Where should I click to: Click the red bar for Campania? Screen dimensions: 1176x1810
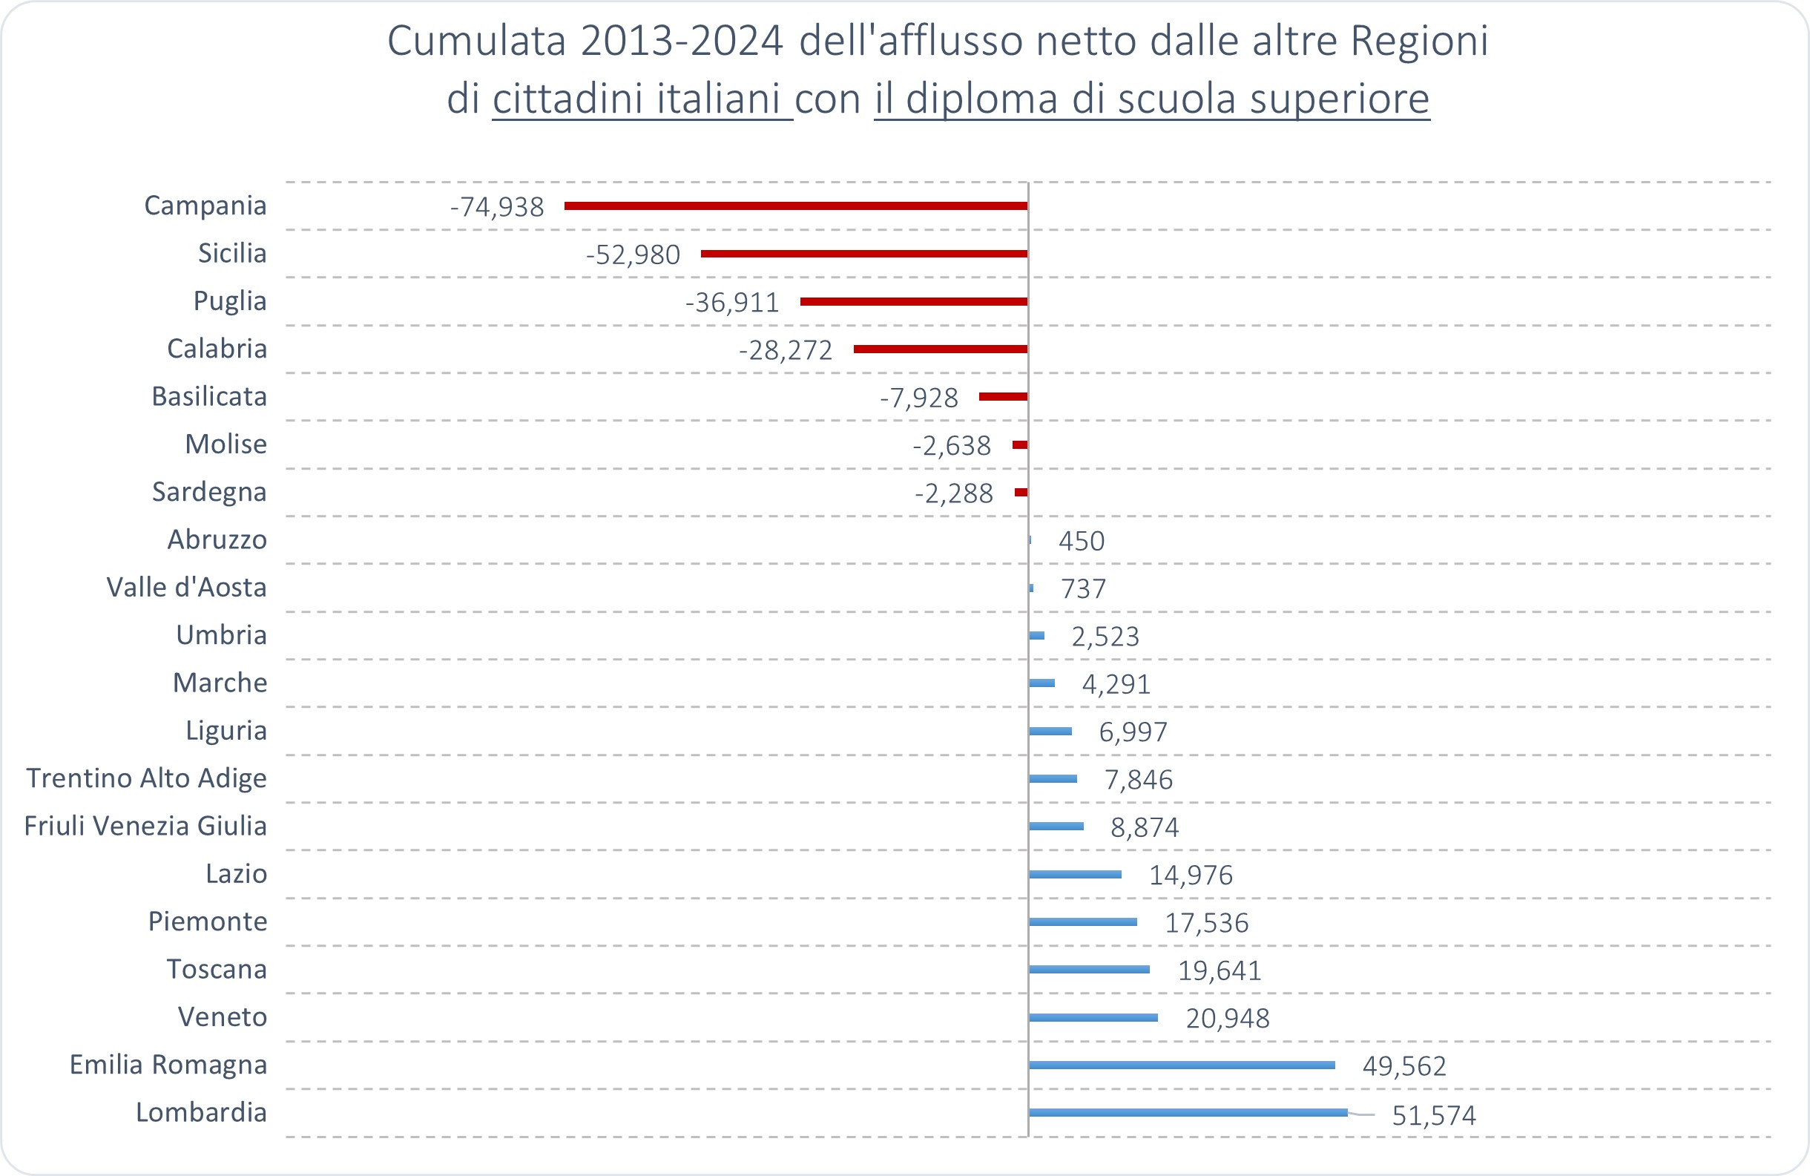point(795,206)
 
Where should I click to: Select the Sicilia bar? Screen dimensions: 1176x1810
point(864,253)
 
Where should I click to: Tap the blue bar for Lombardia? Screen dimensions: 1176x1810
point(1188,1112)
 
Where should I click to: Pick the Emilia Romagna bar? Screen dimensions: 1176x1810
point(1182,1065)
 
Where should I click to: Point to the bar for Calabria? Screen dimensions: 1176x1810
point(940,349)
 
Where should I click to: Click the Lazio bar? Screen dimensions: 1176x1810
point(1076,874)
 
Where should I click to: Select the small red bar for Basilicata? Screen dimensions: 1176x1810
point(1003,396)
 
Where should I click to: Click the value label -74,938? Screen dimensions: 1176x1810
point(497,207)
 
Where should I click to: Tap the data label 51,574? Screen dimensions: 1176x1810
point(1434,1115)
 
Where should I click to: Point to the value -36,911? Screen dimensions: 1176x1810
point(732,303)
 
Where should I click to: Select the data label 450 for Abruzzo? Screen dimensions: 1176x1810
point(1082,541)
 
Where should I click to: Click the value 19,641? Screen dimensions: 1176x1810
point(1220,970)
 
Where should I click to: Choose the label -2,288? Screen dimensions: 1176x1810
point(954,493)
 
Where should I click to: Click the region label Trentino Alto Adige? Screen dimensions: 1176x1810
point(147,778)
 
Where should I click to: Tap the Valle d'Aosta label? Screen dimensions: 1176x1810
point(186,587)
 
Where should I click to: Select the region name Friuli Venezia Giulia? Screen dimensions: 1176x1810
point(145,826)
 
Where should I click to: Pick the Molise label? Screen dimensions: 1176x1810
point(226,444)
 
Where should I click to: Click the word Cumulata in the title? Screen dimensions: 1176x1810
point(476,41)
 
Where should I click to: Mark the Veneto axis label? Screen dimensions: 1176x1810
point(222,1017)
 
